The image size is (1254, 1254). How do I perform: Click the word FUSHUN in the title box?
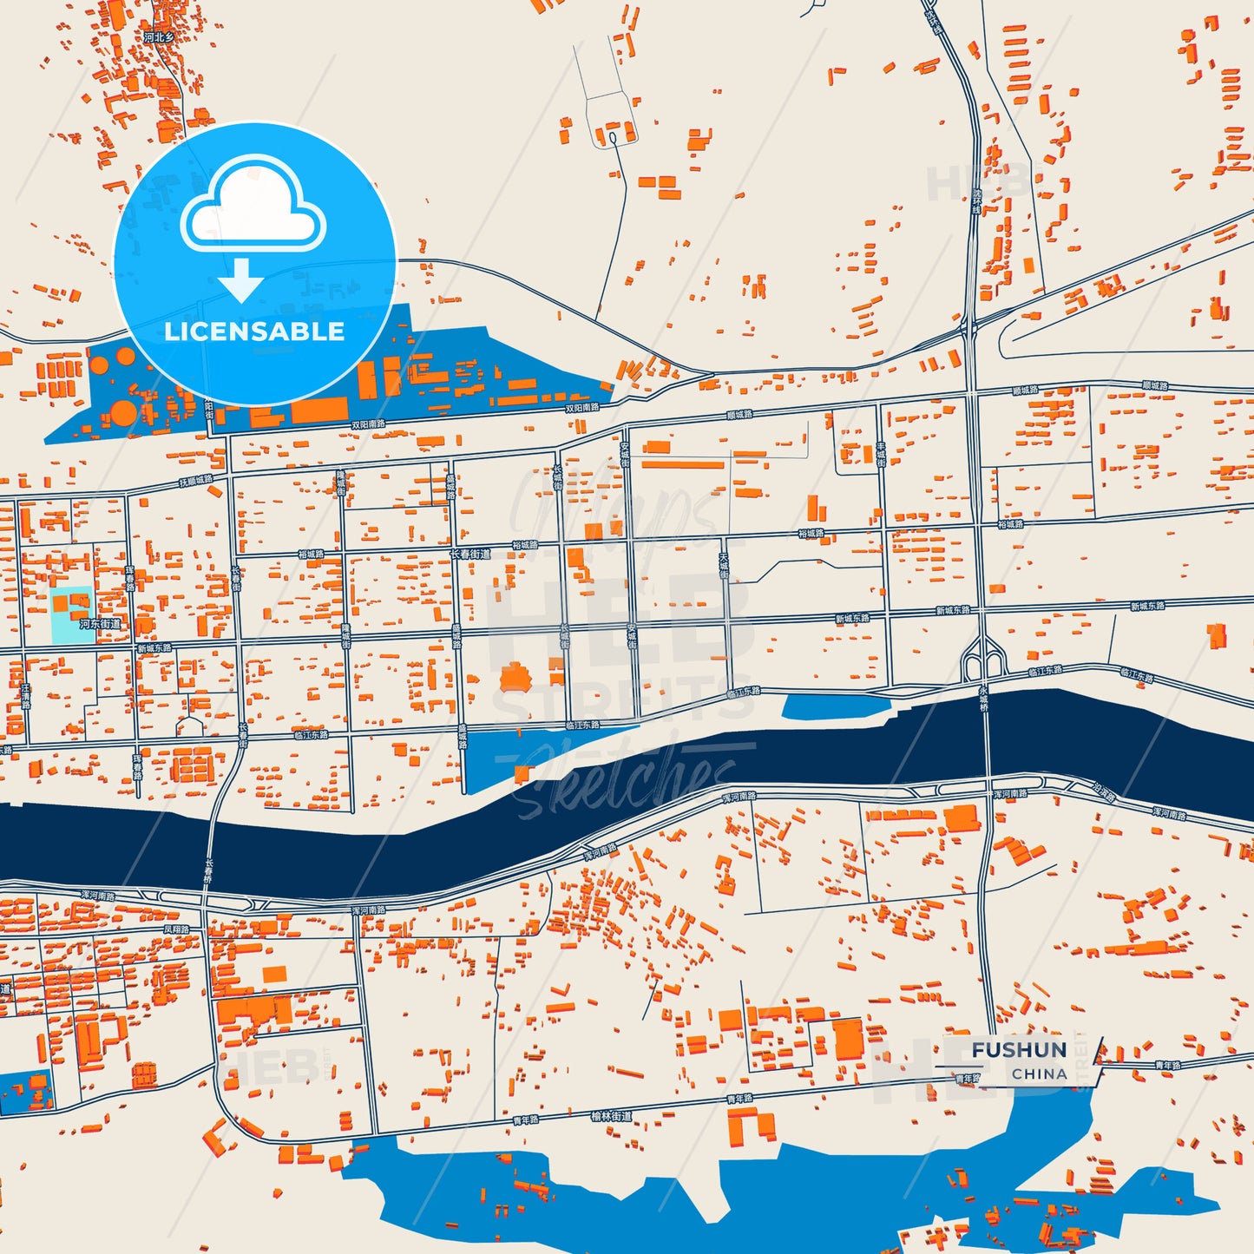1019,1050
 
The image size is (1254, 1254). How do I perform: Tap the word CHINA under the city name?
1039,1073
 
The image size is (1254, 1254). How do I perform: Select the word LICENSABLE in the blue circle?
254,332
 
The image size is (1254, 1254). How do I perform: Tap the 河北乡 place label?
159,38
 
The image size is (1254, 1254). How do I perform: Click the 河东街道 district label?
101,624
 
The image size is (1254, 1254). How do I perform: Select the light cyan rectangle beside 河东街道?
72,616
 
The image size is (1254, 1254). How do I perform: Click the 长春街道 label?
469,554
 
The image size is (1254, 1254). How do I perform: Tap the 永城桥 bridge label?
983,699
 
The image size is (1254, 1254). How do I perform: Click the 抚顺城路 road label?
196,480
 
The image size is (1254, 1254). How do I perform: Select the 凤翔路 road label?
176,929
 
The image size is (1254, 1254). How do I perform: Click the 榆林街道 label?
611,1116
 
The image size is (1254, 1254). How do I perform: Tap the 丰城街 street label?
880,454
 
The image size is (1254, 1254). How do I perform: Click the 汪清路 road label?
25,696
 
